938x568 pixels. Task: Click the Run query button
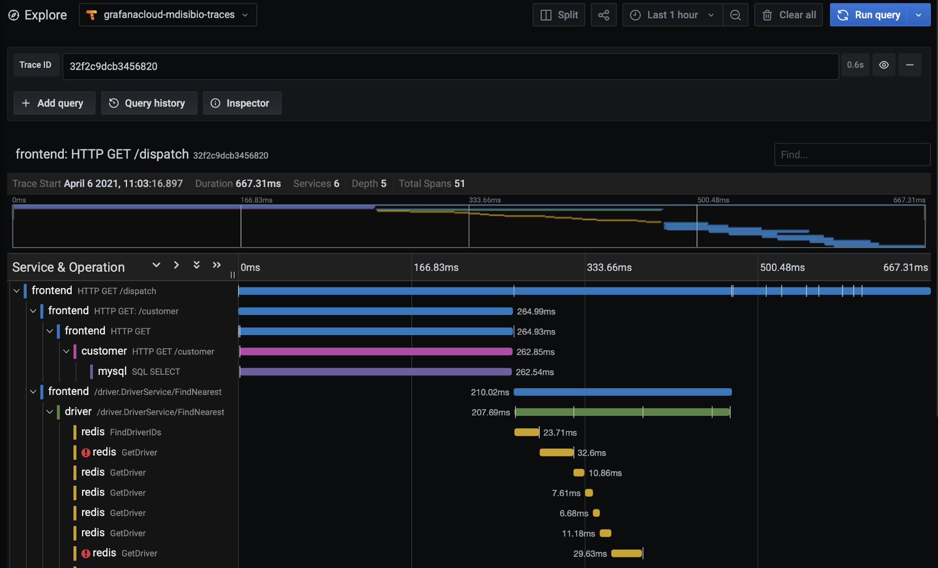(x=869, y=15)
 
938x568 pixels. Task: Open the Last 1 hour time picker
(x=672, y=15)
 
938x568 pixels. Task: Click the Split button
(x=558, y=15)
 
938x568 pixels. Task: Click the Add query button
(x=53, y=103)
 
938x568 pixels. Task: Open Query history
(x=148, y=103)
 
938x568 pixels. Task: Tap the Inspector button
(x=242, y=103)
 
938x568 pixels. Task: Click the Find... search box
(x=851, y=155)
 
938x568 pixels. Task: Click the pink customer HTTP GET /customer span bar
(x=375, y=352)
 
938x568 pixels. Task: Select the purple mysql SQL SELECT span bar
(x=375, y=372)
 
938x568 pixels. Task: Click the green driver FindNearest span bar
(x=622, y=412)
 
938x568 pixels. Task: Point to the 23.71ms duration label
(x=559, y=433)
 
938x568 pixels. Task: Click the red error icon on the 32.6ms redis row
(x=86, y=453)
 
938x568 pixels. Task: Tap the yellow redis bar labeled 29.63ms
(x=626, y=553)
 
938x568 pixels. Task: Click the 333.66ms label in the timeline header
(x=609, y=268)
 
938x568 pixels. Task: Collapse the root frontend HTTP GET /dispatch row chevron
(x=16, y=291)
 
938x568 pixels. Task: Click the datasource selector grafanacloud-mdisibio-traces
(x=168, y=15)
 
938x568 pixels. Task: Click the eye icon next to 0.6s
(x=884, y=65)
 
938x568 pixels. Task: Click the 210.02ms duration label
(x=489, y=392)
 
